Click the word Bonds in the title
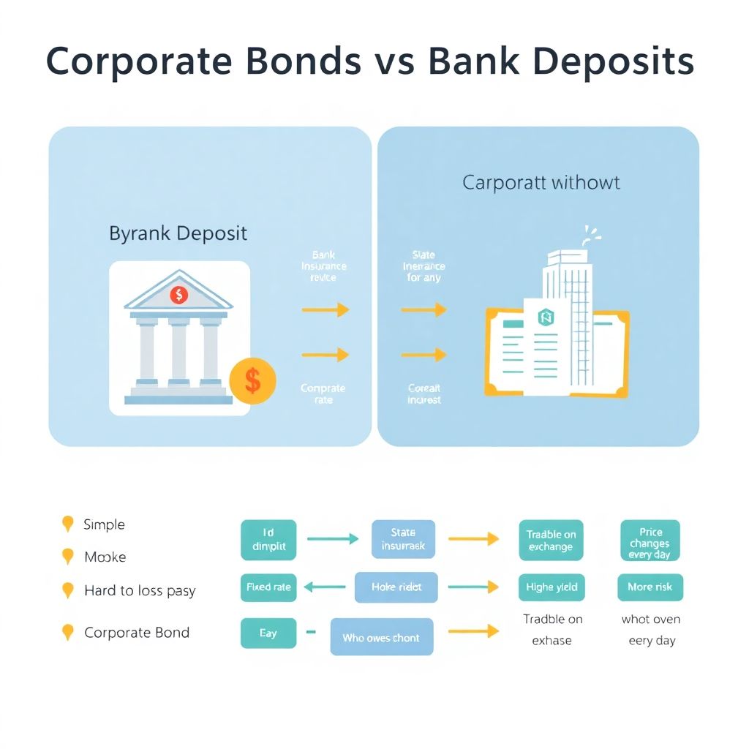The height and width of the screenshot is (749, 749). [x=304, y=62]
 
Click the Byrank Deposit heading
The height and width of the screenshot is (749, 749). [x=178, y=233]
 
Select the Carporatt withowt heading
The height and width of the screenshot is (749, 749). [x=541, y=182]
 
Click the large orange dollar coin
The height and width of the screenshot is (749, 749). [x=252, y=380]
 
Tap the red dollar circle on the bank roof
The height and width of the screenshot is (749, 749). [x=178, y=295]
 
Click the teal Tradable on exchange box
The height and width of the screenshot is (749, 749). [x=551, y=541]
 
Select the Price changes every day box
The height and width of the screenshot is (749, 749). [x=650, y=541]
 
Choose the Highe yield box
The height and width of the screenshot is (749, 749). [x=551, y=587]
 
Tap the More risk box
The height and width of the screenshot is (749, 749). [x=650, y=587]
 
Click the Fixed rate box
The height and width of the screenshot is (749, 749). [x=268, y=587]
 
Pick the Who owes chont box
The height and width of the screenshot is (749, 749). [x=381, y=637]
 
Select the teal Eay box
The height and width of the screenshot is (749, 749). [x=268, y=633]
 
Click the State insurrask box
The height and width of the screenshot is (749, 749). [x=403, y=539]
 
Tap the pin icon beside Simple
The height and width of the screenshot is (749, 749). [x=68, y=524]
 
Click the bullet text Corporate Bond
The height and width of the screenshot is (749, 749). [x=137, y=633]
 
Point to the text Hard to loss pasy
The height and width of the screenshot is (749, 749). [x=140, y=590]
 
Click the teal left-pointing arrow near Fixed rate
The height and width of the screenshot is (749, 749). [x=324, y=586]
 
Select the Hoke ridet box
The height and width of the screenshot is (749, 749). [x=396, y=587]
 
